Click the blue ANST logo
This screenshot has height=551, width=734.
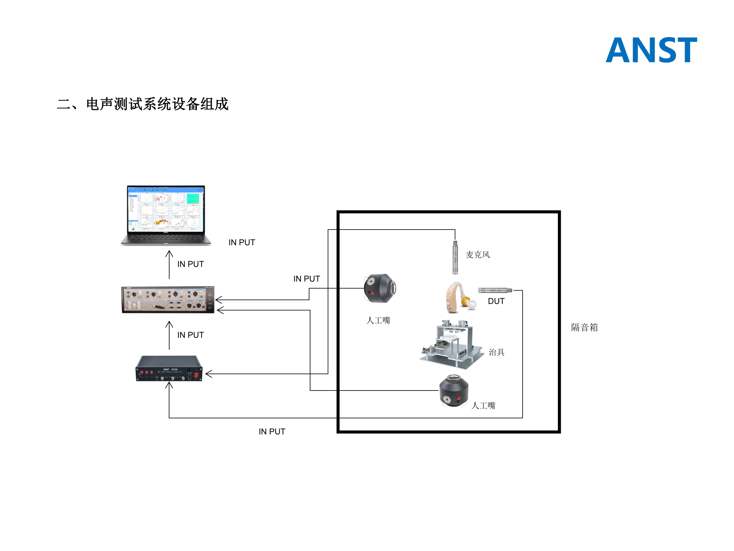point(651,50)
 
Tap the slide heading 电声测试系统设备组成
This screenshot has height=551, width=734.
point(143,104)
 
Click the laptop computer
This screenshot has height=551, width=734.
point(166,215)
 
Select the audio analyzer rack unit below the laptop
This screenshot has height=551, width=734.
point(168,300)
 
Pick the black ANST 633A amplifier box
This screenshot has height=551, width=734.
point(169,369)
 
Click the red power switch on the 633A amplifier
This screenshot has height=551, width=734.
point(196,375)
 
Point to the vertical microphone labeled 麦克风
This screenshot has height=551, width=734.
point(455,257)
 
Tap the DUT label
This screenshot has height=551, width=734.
point(496,301)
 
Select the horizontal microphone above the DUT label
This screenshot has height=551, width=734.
point(495,290)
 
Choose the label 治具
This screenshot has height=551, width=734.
point(497,352)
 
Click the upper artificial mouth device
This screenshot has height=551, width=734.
point(379,288)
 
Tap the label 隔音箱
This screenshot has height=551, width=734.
point(584,327)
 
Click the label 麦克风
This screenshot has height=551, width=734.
point(478,255)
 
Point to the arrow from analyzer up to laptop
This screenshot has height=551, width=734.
point(169,264)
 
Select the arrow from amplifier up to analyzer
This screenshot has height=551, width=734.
point(169,335)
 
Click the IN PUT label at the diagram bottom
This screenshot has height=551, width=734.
point(272,432)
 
